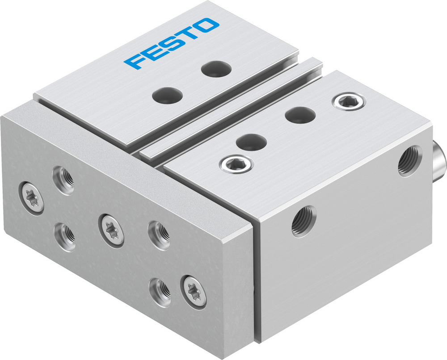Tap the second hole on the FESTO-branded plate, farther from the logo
click(x=168, y=95)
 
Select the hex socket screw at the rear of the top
click(x=349, y=101)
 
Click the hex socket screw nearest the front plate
click(x=236, y=164)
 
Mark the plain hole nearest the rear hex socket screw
click(x=300, y=115)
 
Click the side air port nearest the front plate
click(x=304, y=221)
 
